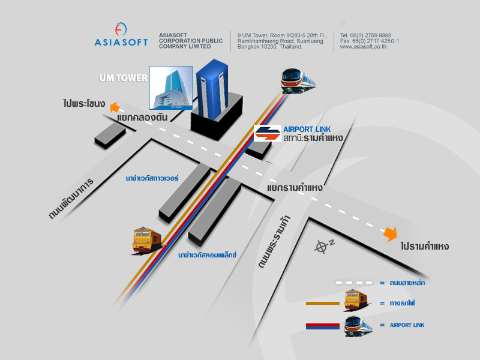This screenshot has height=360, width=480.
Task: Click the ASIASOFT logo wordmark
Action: [x=121, y=42]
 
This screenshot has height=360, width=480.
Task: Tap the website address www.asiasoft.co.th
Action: [x=363, y=47]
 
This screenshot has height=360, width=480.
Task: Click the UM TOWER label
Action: [x=122, y=78]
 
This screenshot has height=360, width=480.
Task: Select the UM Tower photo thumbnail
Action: [x=171, y=88]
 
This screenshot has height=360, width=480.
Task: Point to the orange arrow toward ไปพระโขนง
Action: [x=115, y=109]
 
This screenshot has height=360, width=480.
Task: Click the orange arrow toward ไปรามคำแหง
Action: [x=391, y=233]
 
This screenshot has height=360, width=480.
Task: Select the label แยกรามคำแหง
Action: [x=295, y=188]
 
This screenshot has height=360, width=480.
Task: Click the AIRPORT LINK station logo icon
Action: [x=267, y=133]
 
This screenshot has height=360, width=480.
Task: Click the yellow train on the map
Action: [x=147, y=239]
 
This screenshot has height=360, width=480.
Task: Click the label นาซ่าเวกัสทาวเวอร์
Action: [x=152, y=178]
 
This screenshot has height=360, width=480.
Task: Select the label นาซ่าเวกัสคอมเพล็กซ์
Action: [x=207, y=255]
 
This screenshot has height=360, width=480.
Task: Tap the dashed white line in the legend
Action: [x=354, y=282]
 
